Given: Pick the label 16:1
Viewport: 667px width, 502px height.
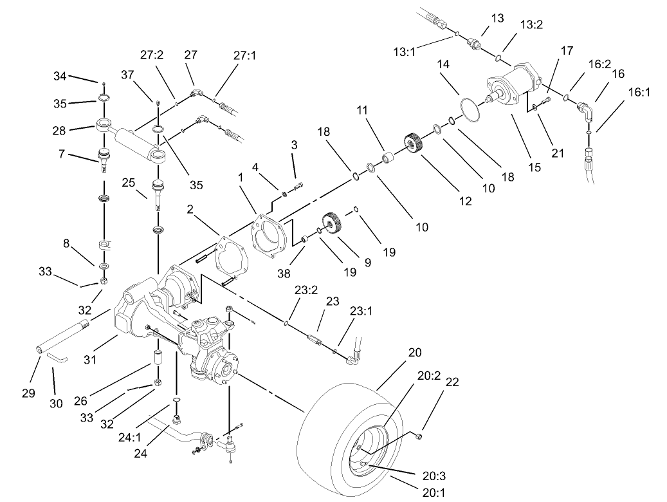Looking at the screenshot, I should coord(639,92).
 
